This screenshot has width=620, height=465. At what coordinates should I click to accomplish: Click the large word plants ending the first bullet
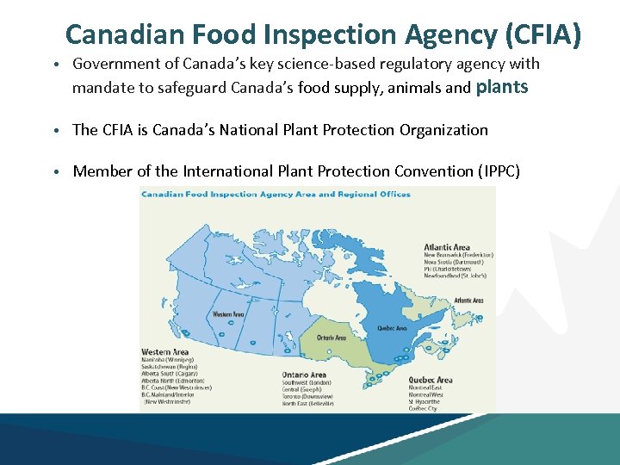click(502, 86)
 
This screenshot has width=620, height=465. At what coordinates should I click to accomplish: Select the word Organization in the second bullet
click(443, 130)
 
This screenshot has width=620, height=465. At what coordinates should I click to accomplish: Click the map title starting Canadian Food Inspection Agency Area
click(263, 195)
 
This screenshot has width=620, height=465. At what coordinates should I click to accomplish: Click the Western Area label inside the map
click(228, 314)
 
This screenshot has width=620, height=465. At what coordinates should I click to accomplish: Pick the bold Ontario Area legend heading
click(304, 375)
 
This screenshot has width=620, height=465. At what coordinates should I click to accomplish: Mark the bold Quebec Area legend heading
click(431, 380)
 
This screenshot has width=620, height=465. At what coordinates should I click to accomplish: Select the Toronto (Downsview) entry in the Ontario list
click(307, 396)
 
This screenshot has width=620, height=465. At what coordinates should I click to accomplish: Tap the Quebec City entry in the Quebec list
click(423, 408)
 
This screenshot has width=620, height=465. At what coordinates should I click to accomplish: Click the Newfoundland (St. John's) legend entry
click(456, 276)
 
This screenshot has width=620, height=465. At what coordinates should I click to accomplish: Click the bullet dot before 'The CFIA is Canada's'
click(55, 131)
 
